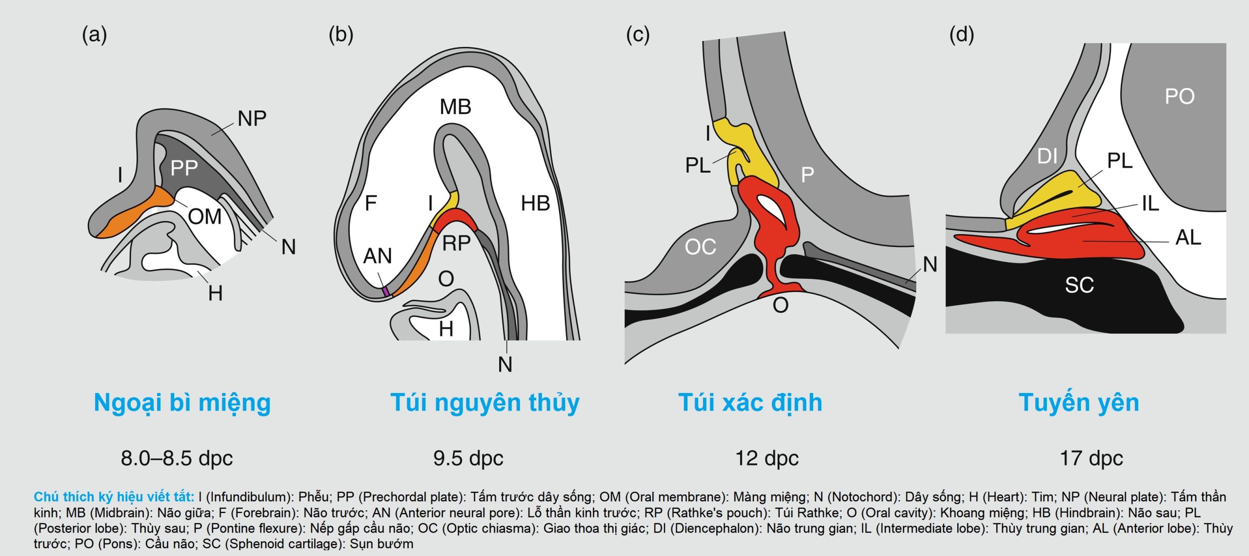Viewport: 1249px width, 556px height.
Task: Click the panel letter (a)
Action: [x=94, y=35]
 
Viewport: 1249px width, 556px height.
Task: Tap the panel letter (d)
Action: [x=961, y=35]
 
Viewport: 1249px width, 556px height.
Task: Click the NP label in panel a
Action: [x=252, y=119]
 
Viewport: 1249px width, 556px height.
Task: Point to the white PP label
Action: [x=184, y=168]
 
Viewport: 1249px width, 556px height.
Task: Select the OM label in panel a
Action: [x=205, y=217]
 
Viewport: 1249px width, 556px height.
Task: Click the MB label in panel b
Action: [x=455, y=107]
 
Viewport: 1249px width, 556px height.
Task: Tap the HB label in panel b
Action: [x=535, y=204]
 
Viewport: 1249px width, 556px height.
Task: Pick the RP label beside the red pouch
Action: [x=456, y=243]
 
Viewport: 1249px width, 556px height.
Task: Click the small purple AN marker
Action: [x=386, y=291]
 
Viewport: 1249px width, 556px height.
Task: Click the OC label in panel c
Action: [x=700, y=247]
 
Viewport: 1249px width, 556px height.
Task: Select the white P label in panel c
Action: [x=807, y=175]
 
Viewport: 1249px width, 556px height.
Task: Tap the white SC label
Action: [x=1079, y=285]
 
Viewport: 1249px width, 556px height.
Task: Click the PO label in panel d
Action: [x=1180, y=97]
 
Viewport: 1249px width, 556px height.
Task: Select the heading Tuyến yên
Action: [x=1079, y=403]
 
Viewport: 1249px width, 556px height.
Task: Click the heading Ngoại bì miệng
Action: [x=182, y=403]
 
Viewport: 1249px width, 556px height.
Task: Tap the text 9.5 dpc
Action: [x=468, y=458]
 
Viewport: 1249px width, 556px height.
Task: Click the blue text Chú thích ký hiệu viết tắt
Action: [x=114, y=497]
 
